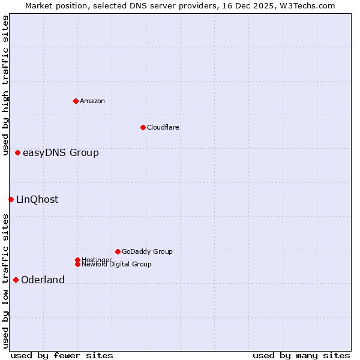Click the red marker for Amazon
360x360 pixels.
coord(76,101)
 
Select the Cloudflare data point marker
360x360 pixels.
coord(143,127)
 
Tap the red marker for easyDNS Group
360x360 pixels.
coord(18,152)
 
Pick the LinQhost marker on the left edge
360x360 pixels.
coord(11,199)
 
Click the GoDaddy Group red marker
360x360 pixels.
coord(118,251)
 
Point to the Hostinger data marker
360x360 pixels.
coord(77,260)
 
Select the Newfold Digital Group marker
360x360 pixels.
coord(77,264)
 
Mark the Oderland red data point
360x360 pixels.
coord(16,280)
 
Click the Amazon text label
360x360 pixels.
coord(92,101)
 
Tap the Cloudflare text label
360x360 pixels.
coord(163,127)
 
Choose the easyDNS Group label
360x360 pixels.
coord(61,152)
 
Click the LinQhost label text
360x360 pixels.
coord(37,199)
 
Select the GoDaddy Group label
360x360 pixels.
coord(147,251)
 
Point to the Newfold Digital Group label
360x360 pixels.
coord(116,264)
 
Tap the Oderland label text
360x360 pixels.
coord(43,280)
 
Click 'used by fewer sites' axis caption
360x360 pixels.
coord(62,355)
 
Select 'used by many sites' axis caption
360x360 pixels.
coord(301,355)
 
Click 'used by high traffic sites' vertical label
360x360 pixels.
coord(6,85)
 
